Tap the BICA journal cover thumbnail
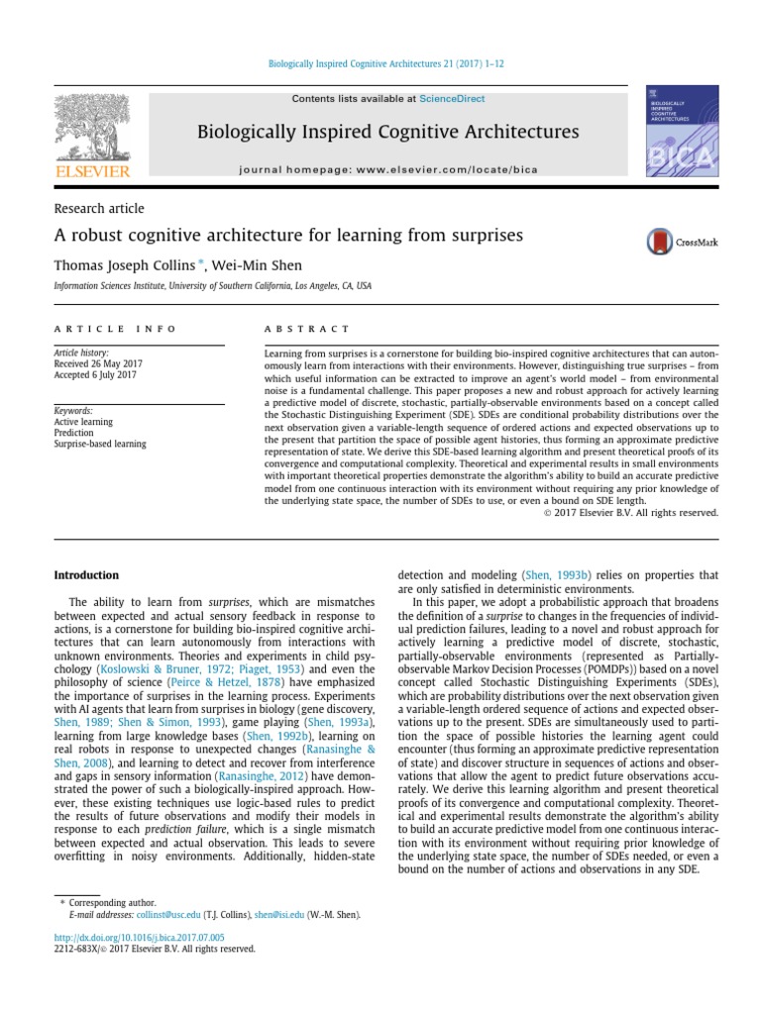click(x=679, y=135)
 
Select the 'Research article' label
click(x=98, y=209)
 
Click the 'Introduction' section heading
click(x=85, y=575)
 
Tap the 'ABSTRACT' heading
click(x=306, y=329)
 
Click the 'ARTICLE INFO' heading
click(x=115, y=329)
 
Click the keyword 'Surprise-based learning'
click(x=99, y=444)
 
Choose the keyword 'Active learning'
click(x=83, y=422)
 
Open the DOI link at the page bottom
click(x=139, y=936)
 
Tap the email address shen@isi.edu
click(x=279, y=915)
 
